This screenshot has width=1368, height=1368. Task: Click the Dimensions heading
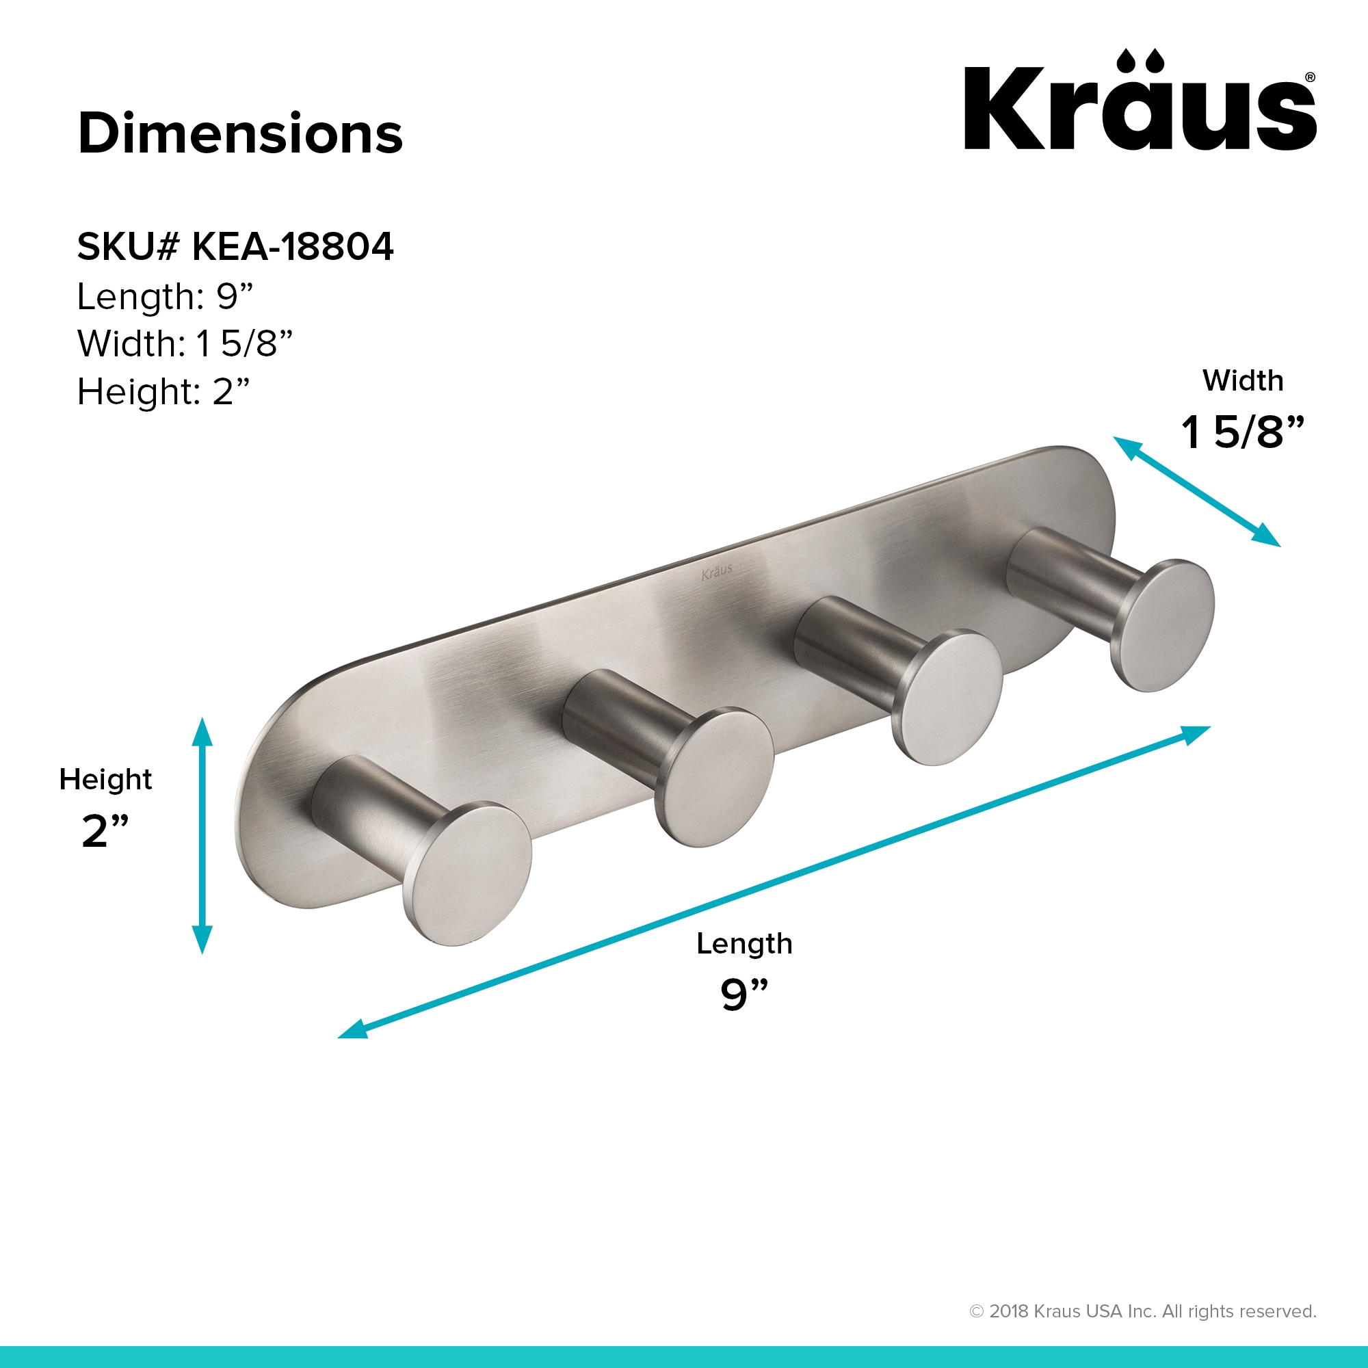click(240, 133)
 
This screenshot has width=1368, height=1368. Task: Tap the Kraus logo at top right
click(1140, 100)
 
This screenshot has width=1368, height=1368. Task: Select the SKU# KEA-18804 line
click(235, 246)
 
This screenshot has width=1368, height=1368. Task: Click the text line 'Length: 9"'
click(165, 297)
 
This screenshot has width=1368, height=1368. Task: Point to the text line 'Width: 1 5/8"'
click(185, 343)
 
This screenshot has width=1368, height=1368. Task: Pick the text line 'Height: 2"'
click(163, 391)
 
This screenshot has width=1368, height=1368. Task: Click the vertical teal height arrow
click(202, 836)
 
